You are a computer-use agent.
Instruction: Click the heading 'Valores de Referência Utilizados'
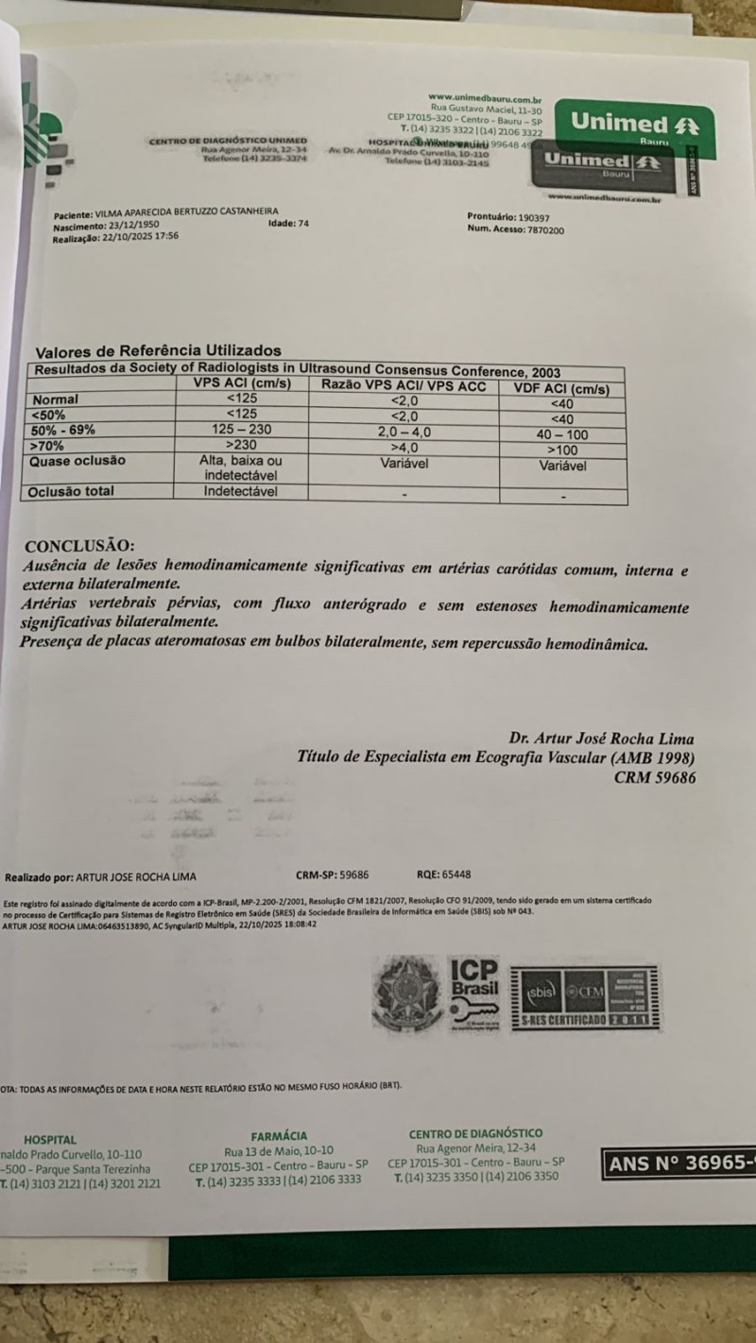tap(158, 350)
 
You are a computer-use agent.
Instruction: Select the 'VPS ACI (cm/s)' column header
tap(241, 384)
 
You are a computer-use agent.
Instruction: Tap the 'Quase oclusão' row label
tap(77, 461)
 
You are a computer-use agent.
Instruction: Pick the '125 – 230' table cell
tap(241, 430)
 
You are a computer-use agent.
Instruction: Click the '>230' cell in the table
tap(241, 445)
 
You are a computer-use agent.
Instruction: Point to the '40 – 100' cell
tap(561, 433)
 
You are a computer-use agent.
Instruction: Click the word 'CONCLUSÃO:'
tap(79, 546)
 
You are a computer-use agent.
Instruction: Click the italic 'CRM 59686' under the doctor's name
tap(654, 778)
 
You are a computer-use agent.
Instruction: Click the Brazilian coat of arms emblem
tap(406, 994)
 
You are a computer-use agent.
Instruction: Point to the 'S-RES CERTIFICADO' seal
tap(584, 997)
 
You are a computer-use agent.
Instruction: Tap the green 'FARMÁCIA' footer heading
tap(279, 1136)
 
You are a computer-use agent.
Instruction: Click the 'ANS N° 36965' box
tap(679, 1164)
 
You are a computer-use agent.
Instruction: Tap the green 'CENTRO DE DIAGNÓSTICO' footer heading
tap(475, 1132)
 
